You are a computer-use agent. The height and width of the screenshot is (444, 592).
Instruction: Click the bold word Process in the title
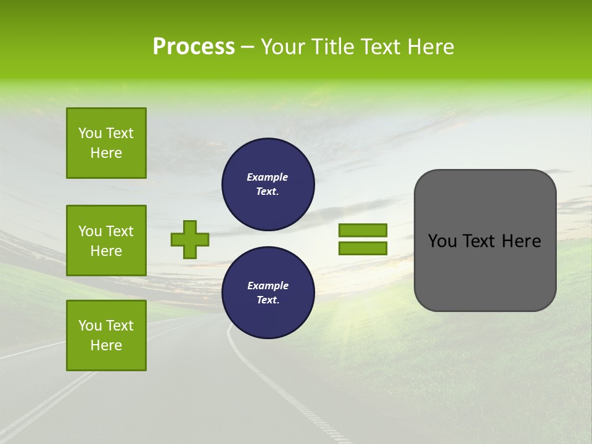tap(194, 47)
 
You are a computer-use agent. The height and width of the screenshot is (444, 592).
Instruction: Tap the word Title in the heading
tap(331, 47)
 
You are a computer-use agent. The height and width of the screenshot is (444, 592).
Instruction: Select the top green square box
tap(106, 143)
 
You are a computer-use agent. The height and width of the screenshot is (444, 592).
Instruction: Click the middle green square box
tap(106, 240)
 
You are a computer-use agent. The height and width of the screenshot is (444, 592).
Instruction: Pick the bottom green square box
tap(106, 335)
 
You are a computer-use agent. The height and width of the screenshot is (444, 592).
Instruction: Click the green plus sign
tap(189, 239)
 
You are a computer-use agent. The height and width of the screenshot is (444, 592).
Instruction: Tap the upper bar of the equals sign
tap(363, 230)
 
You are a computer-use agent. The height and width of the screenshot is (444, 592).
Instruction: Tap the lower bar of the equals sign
tap(363, 249)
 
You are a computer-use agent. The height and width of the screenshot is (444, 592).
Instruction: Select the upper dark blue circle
tap(268, 184)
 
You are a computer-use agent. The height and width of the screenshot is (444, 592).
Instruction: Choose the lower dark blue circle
tap(268, 293)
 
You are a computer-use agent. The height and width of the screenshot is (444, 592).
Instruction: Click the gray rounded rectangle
tap(485, 240)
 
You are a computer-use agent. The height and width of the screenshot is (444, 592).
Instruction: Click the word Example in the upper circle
tap(268, 177)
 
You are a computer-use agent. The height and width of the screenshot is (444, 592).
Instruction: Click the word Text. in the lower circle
tap(268, 300)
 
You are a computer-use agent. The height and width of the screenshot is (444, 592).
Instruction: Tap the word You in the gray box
tap(442, 241)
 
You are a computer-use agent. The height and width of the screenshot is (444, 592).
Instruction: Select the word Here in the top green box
tap(106, 153)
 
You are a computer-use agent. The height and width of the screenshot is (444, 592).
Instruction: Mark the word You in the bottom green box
tap(90, 326)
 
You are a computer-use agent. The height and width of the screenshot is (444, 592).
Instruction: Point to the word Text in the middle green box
tap(120, 231)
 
